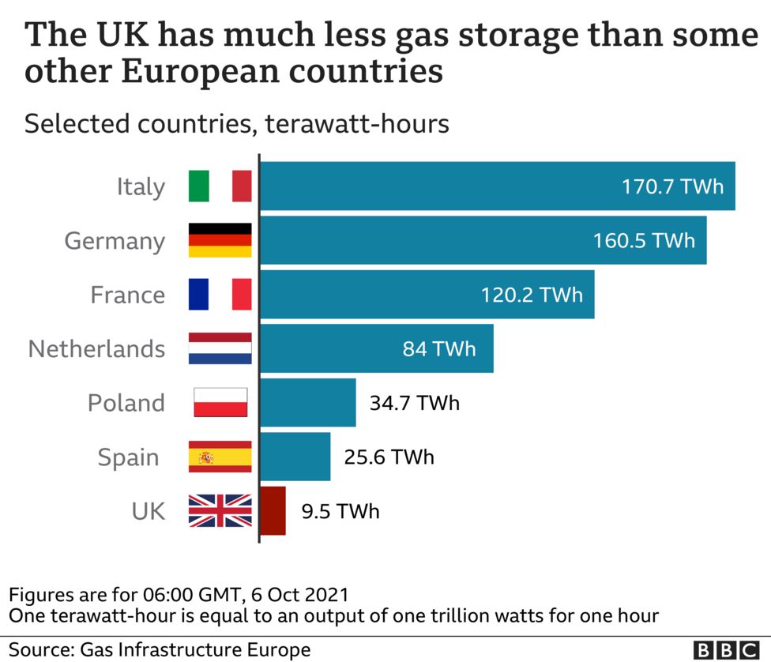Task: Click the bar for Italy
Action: pyautogui.click(x=498, y=186)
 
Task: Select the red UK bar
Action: pyautogui.click(x=273, y=510)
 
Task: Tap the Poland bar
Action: pyautogui.click(x=308, y=402)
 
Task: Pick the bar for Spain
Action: pyautogui.click(x=295, y=457)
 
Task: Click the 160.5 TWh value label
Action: pyautogui.click(x=644, y=240)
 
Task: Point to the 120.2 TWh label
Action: pyautogui.click(x=532, y=295)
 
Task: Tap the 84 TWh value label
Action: pyautogui.click(x=439, y=348)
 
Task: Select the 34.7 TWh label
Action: pyautogui.click(x=414, y=403)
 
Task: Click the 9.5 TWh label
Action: pyautogui.click(x=340, y=511)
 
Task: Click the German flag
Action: pyautogui.click(x=220, y=240)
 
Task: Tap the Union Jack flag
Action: pyautogui.click(x=220, y=510)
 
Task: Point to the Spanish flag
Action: pyautogui.click(x=220, y=457)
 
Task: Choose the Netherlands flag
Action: pyautogui.click(x=220, y=348)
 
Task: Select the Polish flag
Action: pyautogui.click(x=220, y=402)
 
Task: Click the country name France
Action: pyautogui.click(x=128, y=295)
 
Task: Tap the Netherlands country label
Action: pyautogui.click(x=96, y=348)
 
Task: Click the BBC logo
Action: pyautogui.click(x=726, y=649)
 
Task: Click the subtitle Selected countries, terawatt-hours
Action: pyautogui.click(x=237, y=124)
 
